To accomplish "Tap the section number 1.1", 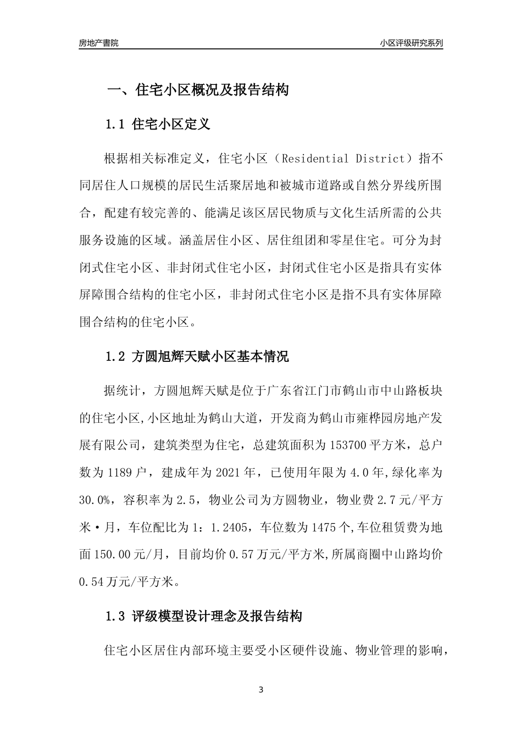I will pos(115,124).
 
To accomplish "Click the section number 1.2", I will pos(115,357).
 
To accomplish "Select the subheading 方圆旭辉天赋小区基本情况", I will pos(210,357).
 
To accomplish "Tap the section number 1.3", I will pos(115,617).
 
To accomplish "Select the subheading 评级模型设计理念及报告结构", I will pos(217,617).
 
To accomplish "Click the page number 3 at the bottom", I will pos(261,690).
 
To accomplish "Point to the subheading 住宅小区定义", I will pos(171,124).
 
